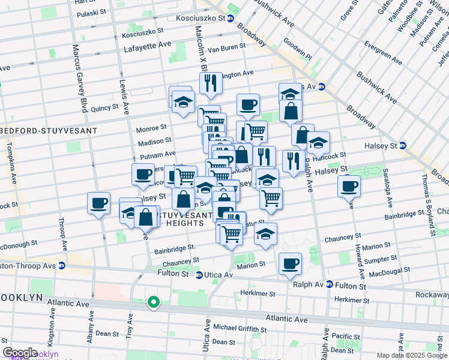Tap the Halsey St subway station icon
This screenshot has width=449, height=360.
click(402, 146)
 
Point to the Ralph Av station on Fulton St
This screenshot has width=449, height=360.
click(329, 284)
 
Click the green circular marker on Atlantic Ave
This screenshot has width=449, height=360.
click(154, 303)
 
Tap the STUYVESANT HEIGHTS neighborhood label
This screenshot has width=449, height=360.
click(185, 218)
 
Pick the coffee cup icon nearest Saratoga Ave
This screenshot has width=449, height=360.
click(349, 185)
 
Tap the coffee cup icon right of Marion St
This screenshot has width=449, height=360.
click(291, 263)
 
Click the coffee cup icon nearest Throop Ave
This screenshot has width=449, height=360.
click(98, 203)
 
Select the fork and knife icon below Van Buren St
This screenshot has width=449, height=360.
click(211, 83)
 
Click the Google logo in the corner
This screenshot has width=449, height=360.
click(20, 353)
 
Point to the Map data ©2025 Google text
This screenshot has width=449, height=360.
click(411, 355)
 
